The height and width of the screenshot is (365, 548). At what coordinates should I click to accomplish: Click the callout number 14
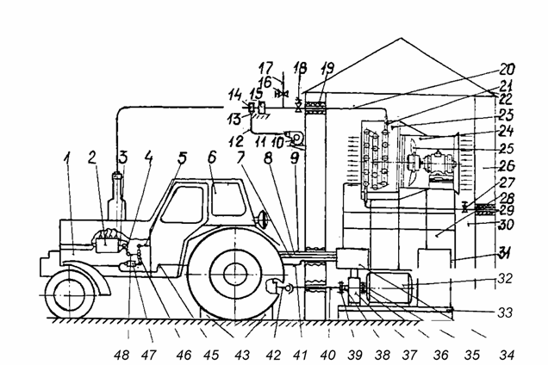(234, 94)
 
